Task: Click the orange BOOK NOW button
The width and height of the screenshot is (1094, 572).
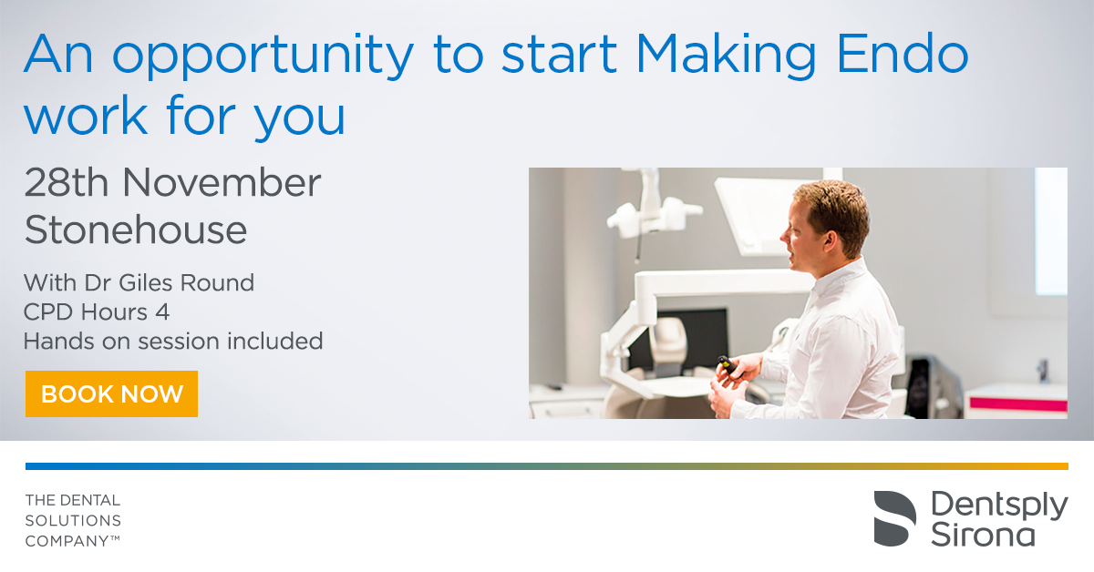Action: [111, 393]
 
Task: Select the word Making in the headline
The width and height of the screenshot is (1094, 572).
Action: [726, 56]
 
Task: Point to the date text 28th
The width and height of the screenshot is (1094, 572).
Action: [67, 182]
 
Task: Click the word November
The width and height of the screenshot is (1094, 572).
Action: [222, 182]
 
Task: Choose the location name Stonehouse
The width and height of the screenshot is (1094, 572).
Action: [136, 229]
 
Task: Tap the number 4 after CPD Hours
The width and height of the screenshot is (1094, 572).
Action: [162, 312]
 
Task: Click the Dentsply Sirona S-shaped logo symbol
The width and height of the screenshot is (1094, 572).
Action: [894, 518]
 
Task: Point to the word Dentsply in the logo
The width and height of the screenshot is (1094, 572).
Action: [999, 506]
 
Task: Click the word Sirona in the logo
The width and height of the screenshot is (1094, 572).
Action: [983, 535]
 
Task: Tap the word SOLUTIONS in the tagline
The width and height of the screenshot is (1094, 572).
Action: [73, 520]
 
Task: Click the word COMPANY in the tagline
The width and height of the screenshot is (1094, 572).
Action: [67, 541]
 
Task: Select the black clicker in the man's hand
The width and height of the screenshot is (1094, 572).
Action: [728, 365]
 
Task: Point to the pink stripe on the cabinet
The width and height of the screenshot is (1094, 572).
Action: [1018, 404]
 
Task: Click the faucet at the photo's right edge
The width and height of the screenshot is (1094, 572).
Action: [1043, 370]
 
